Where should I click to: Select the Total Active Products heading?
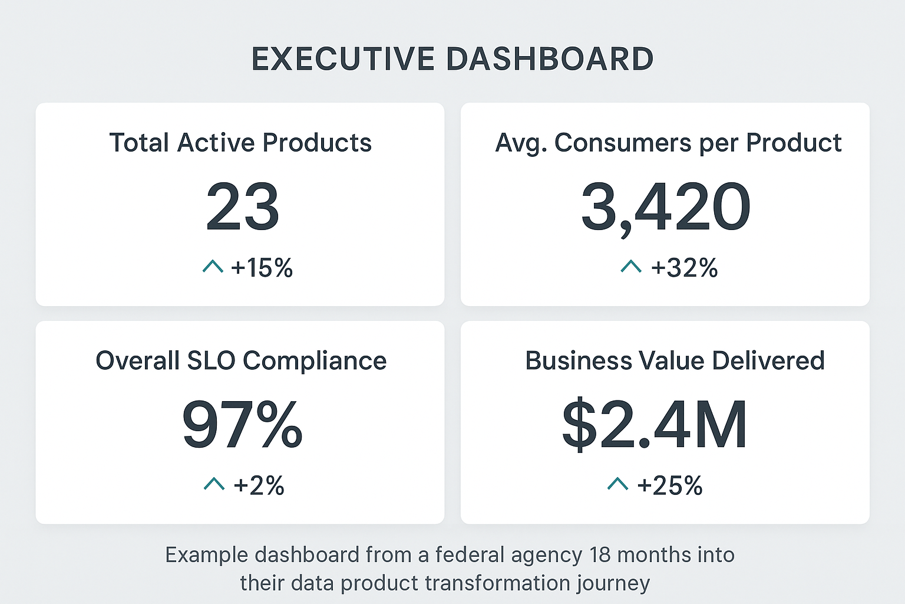click(240, 143)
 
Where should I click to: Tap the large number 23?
click(242, 207)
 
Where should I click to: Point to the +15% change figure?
click(262, 268)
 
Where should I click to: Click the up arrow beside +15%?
click(213, 267)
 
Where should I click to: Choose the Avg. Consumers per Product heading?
click(668, 143)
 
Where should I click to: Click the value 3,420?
click(666, 207)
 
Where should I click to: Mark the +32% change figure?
click(684, 268)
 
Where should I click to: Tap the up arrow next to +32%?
click(631, 267)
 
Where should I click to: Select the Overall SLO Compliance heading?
click(241, 361)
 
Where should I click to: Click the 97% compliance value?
click(242, 425)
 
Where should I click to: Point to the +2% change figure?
click(259, 486)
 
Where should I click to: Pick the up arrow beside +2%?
click(214, 484)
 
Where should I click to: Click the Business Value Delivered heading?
click(675, 361)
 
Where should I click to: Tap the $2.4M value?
click(655, 425)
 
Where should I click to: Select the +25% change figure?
click(670, 486)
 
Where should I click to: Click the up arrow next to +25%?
click(617, 484)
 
